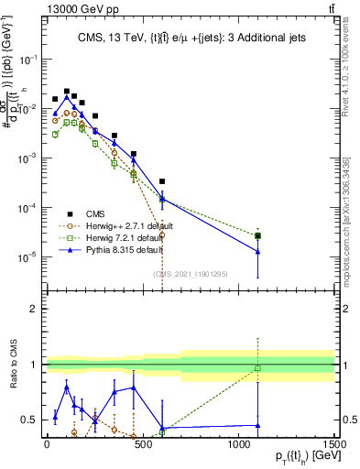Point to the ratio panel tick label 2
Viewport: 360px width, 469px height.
[x=35, y=309]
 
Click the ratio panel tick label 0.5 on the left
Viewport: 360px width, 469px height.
[x=30, y=420]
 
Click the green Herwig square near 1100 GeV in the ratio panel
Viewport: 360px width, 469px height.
[x=258, y=368]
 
